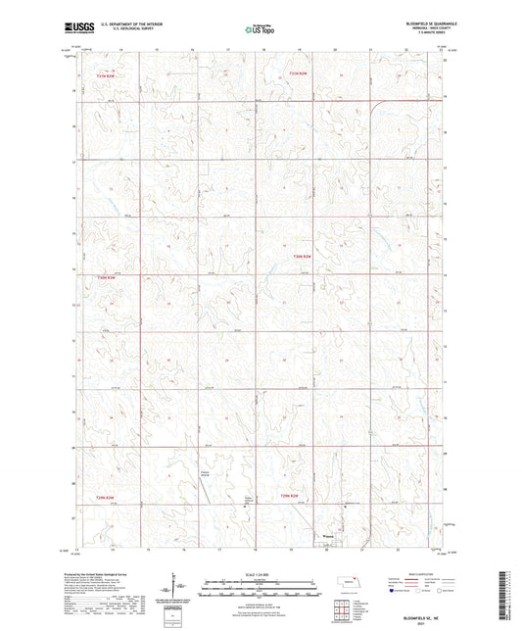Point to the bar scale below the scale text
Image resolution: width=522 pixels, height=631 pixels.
[x=261, y=586]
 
